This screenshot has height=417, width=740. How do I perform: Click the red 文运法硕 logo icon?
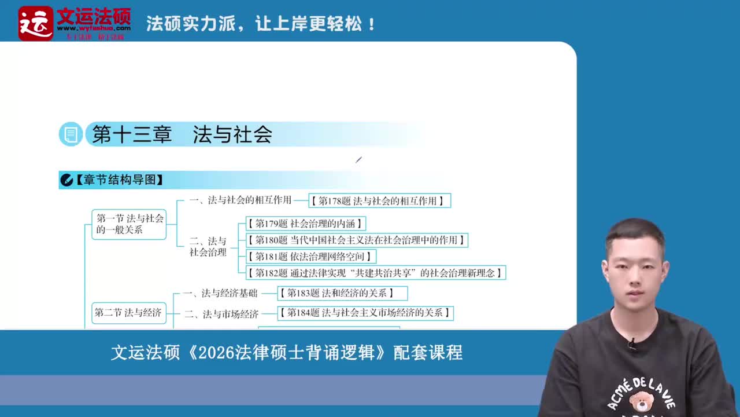pyautogui.click(x=36, y=23)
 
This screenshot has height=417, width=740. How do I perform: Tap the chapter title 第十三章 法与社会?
pyautogui.click(x=182, y=135)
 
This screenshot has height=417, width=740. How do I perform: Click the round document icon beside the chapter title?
pyautogui.click(x=71, y=135)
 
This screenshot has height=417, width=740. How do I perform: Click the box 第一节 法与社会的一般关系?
pyautogui.click(x=129, y=224)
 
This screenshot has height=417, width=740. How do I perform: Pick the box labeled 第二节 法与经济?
pyautogui.click(x=128, y=313)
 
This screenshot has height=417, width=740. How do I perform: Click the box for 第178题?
pyautogui.click(x=379, y=201)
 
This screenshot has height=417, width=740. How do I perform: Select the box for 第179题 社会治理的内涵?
pyautogui.click(x=305, y=224)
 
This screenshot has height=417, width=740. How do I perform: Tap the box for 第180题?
pyautogui.click(x=357, y=240)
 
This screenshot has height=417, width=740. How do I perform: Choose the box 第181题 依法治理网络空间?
pyautogui.click(x=310, y=256)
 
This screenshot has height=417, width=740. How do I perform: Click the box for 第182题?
pyautogui.click(x=376, y=272)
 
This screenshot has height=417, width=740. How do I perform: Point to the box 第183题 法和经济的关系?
pyautogui.click(x=342, y=293)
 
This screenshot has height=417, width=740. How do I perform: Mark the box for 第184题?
pyautogui.click(x=365, y=313)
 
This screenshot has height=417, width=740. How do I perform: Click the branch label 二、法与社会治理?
pyautogui.click(x=208, y=247)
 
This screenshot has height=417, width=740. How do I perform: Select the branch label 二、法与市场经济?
pyautogui.click(x=221, y=314)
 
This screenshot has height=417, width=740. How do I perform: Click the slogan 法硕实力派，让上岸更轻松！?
pyautogui.click(x=261, y=24)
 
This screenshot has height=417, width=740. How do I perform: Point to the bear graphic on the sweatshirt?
pyautogui.click(x=640, y=400)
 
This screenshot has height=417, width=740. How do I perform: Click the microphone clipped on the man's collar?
pyautogui.click(x=632, y=344)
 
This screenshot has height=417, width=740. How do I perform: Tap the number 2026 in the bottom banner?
pyautogui.click(x=216, y=352)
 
